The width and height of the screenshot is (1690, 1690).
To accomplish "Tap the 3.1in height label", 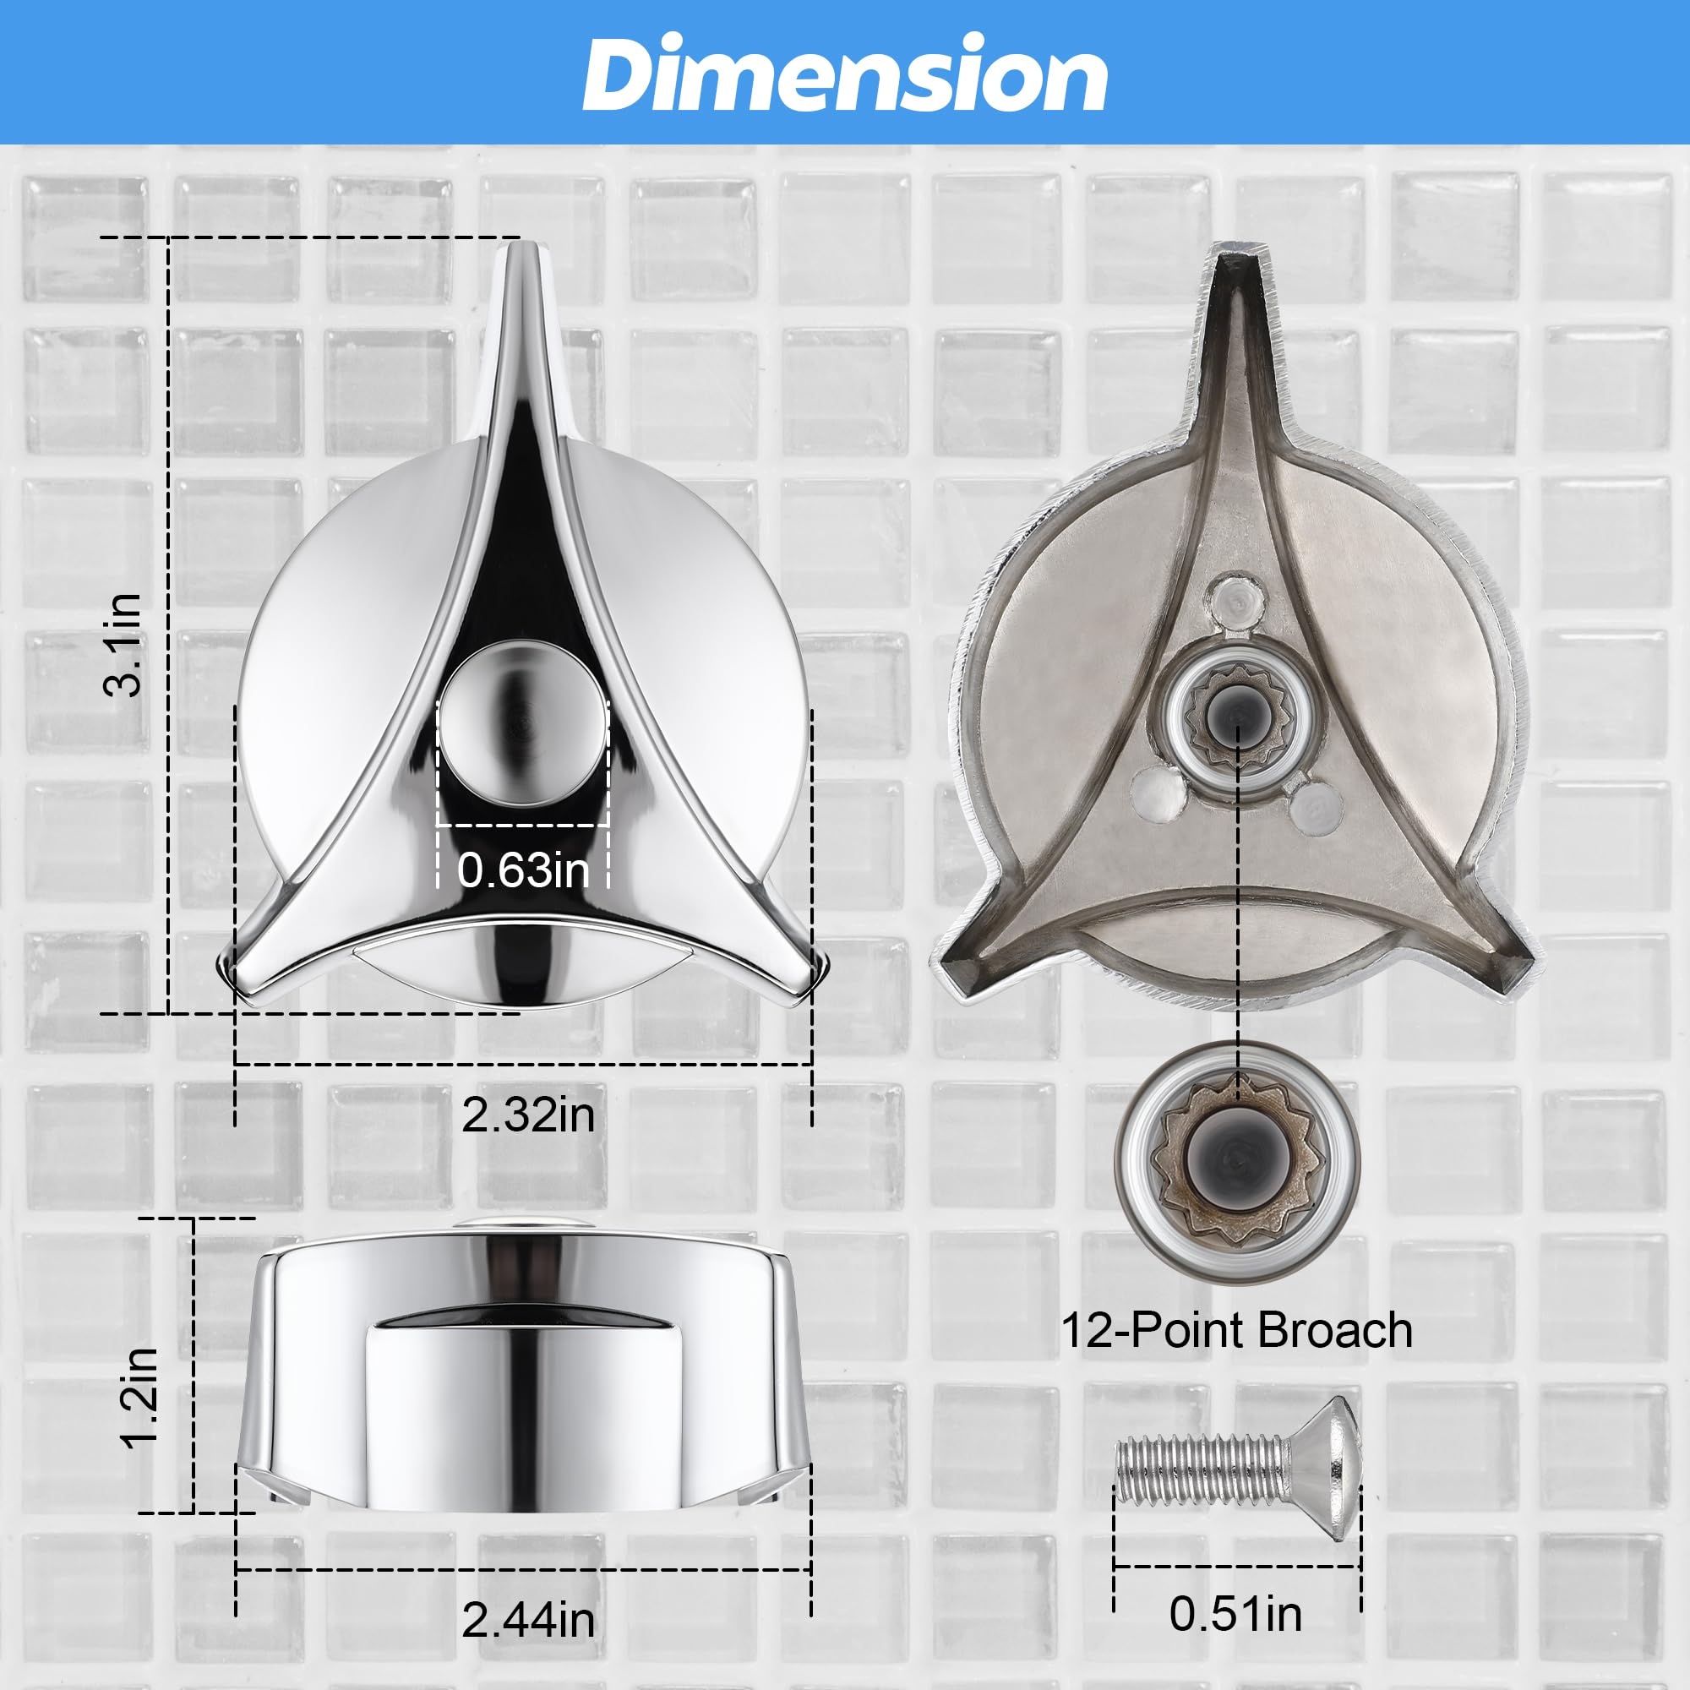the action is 123,645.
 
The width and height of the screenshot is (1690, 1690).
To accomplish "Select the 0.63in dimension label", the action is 523,870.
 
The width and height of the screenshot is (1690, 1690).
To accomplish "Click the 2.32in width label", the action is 528,1115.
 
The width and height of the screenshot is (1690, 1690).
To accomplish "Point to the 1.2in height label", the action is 140,1398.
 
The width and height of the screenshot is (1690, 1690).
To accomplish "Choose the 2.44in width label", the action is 528,1621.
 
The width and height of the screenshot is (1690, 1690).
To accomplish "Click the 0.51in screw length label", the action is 1235,1614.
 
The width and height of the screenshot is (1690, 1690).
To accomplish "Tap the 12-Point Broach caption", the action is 1236,1331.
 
